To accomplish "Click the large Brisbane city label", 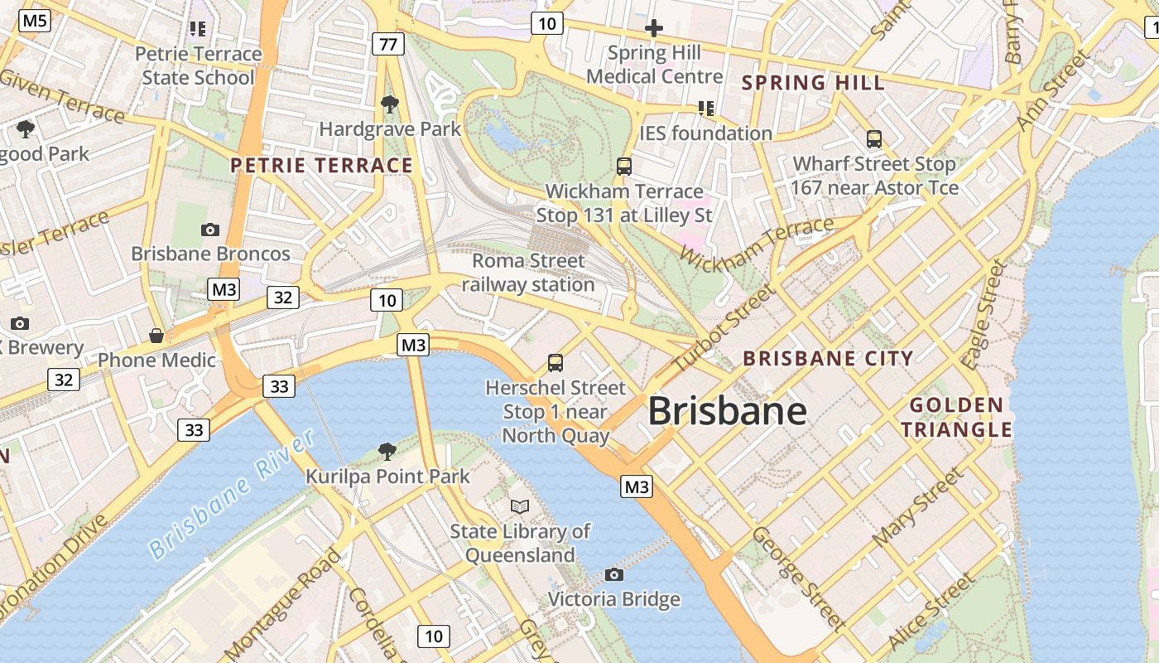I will tap(727, 410).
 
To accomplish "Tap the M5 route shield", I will tap(35, 21).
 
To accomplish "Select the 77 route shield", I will tap(387, 44).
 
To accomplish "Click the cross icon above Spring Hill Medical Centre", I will tap(654, 29).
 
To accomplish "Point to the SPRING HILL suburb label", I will tap(813, 83).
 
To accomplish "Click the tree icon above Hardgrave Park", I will tap(389, 104).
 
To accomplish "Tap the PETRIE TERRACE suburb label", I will tap(321, 165).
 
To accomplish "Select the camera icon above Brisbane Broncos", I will tap(210, 230).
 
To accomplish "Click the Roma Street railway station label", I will tap(528, 273).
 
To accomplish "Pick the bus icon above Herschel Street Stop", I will tap(555, 363).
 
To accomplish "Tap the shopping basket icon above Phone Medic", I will tap(156, 336).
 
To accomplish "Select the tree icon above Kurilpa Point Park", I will tap(387, 452).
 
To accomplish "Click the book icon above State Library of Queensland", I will tap(520, 506).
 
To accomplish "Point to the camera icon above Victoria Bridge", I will tap(613, 574).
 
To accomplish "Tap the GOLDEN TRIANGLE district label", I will tap(956, 417).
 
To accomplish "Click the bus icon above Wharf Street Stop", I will tap(874, 139).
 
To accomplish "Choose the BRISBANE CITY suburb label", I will tap(828, 358).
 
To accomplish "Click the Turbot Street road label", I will tap(725, 328).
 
